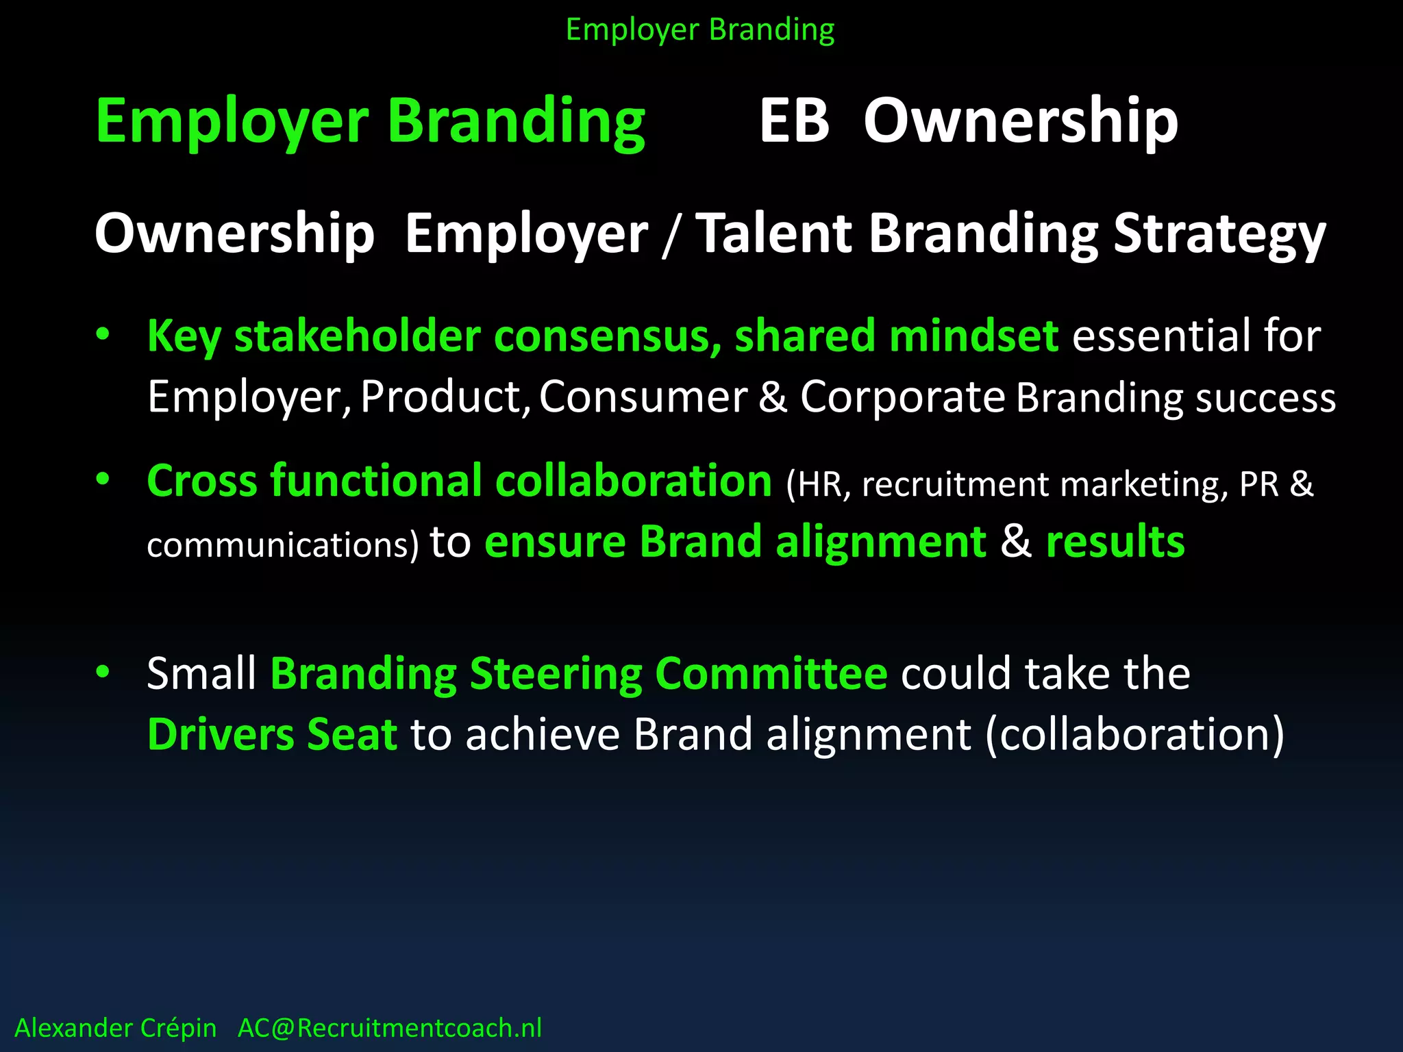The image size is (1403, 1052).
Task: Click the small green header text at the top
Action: click(700, 30)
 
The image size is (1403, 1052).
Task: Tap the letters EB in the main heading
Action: click(795, 121)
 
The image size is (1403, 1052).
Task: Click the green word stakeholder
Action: click(358, 336)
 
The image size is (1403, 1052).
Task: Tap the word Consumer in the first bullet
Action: click(643, 397)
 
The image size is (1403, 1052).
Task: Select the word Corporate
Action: click(902, 397)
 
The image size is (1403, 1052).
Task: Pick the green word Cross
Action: click(201, 481)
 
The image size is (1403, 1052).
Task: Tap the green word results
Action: click(1115, 542)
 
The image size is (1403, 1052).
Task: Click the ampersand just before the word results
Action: click(1016, 542)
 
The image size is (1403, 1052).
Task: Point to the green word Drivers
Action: click(221, 734)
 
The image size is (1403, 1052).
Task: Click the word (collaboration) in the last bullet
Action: click(1135, 734)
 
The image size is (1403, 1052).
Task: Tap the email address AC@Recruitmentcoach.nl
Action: click(390, 1028)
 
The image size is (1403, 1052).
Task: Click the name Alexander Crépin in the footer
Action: click(115, 1028)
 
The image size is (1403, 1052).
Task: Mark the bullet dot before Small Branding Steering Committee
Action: click(103, 672)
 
